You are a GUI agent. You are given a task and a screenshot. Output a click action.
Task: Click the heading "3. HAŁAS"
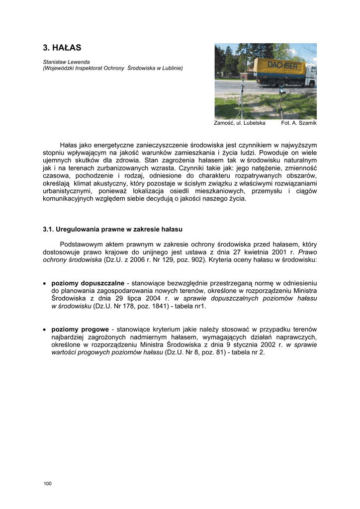point(62,48)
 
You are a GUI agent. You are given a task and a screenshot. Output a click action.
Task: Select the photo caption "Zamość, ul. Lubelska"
point(239,123)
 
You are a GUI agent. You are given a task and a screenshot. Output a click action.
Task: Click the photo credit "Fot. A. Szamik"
point(299,123)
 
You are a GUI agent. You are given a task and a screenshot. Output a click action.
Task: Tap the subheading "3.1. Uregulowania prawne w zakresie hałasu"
point(113,230)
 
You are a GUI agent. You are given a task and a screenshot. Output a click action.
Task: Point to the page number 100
point(47,484)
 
